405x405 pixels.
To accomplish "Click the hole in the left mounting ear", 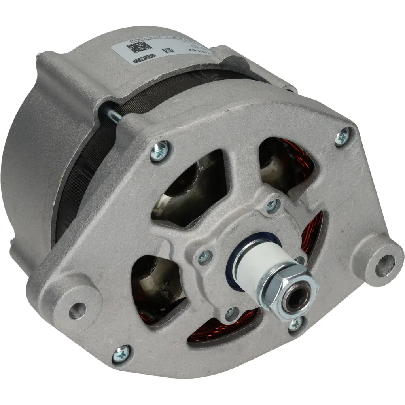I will click(x=77, y=310).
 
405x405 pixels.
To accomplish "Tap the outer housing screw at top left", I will click(x=160, y=151).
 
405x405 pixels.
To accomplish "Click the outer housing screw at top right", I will click(x=342, y=136).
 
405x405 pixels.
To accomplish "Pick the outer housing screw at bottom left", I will click(x=121, y=352).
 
